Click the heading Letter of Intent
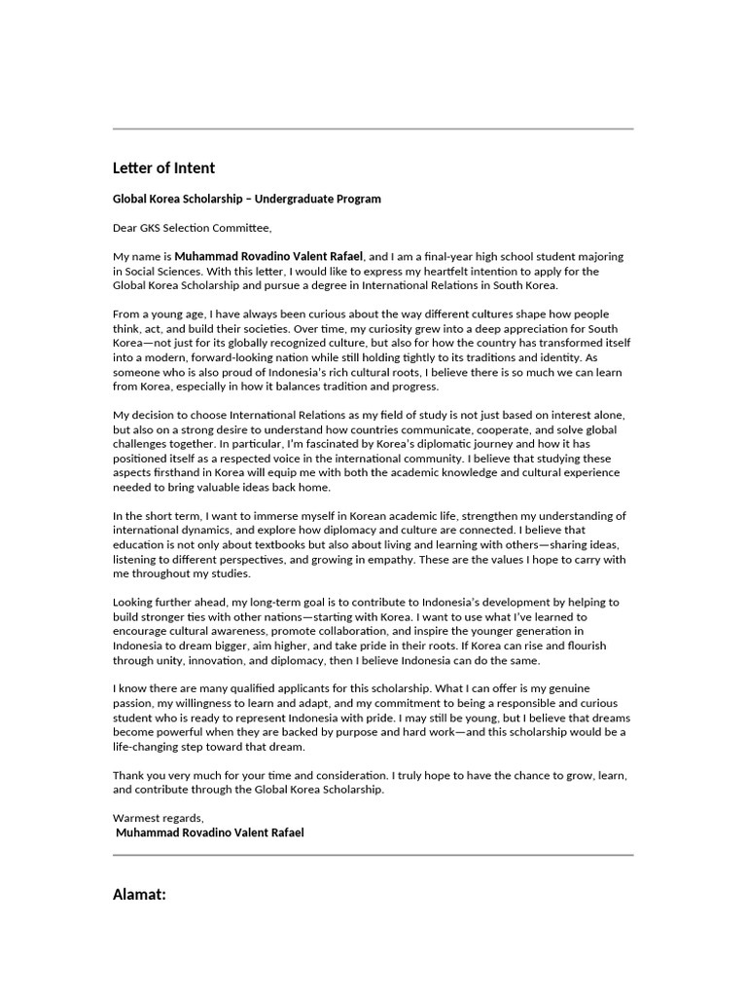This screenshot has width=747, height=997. pos(163,167)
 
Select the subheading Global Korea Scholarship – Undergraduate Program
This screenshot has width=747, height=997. pos(247,199)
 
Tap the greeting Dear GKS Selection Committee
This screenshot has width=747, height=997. pos(193,229)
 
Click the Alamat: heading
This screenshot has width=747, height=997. pos(140,893)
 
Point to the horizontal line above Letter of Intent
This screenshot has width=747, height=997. pos(373,129)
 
